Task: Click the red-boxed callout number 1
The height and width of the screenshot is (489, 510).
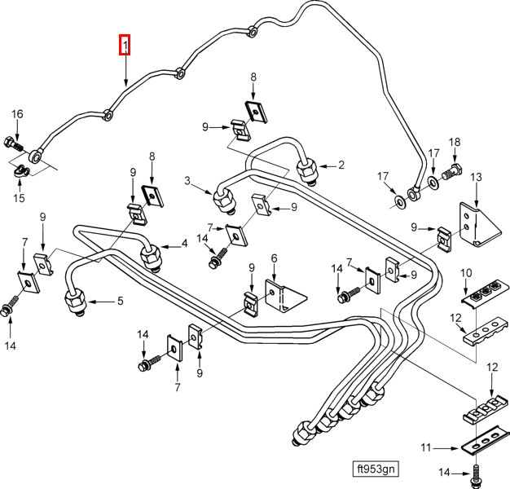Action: tap(125, 45)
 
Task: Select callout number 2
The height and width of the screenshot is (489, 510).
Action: tap(341, 165)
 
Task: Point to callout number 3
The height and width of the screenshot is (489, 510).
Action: tap(187, 181)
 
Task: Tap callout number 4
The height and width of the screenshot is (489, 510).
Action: tap(184, 243)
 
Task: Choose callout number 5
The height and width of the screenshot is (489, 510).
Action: tap(119, 301)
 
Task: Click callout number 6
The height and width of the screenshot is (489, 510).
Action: tap(274, 259)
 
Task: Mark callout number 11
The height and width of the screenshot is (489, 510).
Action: tap(424, 447)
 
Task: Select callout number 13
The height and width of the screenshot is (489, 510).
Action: tap(477, 178)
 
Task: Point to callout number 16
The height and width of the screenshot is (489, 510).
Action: tap(17, 114)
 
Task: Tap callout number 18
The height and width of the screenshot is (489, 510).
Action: tap(455, 142)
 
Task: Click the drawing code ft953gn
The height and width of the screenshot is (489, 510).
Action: tap(376, 469)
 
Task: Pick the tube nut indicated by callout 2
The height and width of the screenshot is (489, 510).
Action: tap(307, 171)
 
